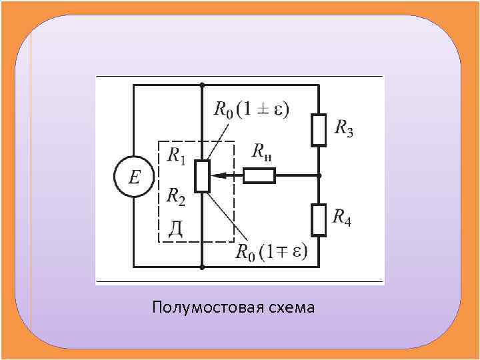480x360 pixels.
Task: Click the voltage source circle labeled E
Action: [x=133, y=177]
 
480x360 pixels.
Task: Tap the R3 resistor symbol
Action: [x=319, y=129]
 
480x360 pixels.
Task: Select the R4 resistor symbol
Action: [x=319, y=220]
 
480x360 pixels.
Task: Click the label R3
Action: [x=343, y=127]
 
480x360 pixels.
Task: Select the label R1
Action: [x=176, y=156]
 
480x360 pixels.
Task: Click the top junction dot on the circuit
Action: [x=202, y=85]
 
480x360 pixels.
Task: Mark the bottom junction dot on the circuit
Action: [x=202, y=267]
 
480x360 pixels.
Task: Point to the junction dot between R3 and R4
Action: [x=319, y=176]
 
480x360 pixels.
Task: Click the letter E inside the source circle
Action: [x=134, y=177]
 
